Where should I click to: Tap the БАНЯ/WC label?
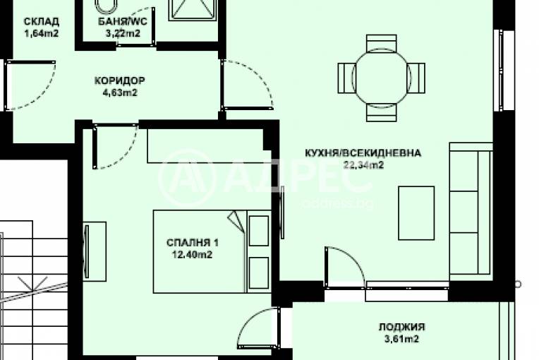(123, 21)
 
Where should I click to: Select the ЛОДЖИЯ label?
(401, 327)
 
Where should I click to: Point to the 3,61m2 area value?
(401, 339)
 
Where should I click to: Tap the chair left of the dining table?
(346, 74)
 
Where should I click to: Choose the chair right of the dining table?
(418, 74)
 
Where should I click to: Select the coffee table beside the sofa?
(416, 212)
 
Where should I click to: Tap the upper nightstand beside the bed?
(259, 228)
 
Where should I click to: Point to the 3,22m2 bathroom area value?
(123, 32)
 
